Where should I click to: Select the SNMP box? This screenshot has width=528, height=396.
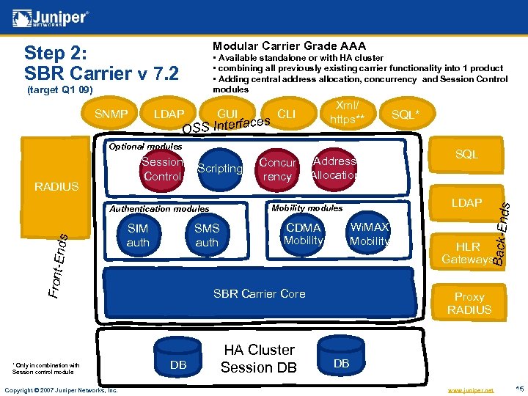point(111,114)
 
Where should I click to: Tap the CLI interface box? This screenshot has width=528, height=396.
point(287,114)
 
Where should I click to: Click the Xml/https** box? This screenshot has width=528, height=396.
point(347,112)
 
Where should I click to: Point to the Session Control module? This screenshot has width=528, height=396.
point(162,169)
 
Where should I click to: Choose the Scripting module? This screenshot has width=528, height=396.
point(219,169)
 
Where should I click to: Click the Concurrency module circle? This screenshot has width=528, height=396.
point(277,169)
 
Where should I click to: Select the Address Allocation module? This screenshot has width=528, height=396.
point(334,168)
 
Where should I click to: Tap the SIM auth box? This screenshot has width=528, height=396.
point(138,235)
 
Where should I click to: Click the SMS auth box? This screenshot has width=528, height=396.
point(207,235)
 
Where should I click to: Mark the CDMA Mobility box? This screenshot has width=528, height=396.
point(303,234)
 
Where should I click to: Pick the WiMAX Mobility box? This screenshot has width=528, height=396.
point(369,234)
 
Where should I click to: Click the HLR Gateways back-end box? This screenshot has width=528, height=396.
point(467,253)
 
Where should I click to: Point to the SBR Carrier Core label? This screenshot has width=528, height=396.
point(259,293)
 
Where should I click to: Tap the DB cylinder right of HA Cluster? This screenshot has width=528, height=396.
point(342,357)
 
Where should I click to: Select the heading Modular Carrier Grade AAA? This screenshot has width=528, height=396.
point(289,45)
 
